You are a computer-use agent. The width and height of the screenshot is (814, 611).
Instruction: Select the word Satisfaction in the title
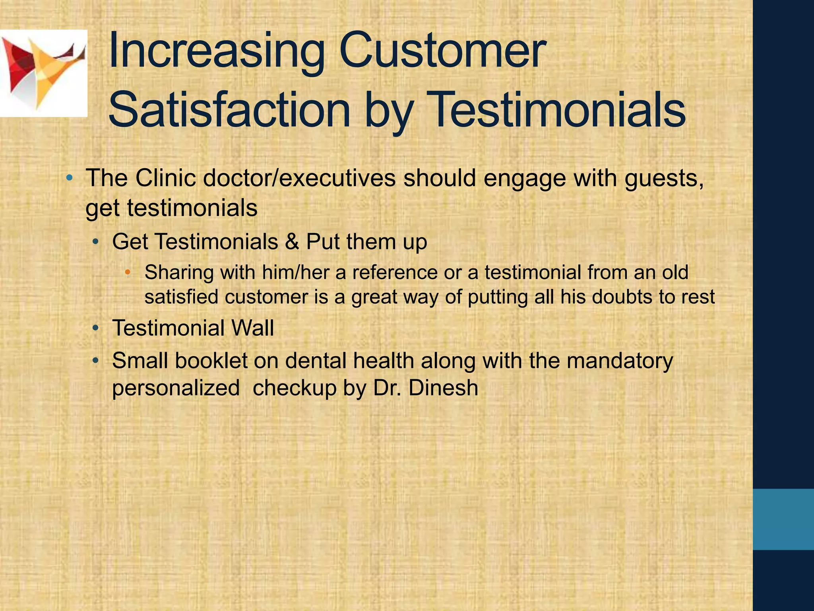pyautogui.click(x=229, y=110)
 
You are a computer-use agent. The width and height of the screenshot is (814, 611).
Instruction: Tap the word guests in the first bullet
pyautogui.click(x=663, y=178)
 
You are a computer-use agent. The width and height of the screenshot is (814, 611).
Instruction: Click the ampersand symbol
pyautogui.click(x=292, y=241)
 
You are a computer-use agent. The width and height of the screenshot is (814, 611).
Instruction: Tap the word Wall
pyautogui.click(x=253, y=328)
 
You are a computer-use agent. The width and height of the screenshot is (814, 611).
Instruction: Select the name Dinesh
pyautogui.click(x=443, y=387)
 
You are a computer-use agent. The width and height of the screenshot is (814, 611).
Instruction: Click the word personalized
pyautogui.click(x=176, y=388)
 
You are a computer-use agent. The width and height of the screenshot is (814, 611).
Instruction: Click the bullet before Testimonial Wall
pyautogui.click(x=95, y=328)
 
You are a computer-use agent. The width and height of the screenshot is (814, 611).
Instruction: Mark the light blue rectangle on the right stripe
pyautogui.click(x=783, y=520)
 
